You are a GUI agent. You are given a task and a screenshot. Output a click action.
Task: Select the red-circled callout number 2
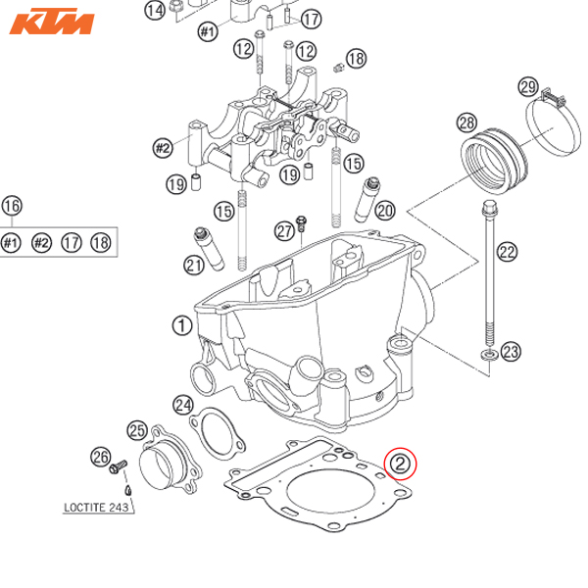[402, 462]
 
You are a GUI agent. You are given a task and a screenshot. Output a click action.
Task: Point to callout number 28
[466, 122]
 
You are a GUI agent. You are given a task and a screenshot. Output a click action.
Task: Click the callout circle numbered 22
[507, 251]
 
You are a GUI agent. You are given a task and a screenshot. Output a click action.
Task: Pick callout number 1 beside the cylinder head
[180, 324]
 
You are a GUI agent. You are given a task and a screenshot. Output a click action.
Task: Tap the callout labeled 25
[136, 428]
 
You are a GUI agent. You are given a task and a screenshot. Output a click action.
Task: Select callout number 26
[99, 456]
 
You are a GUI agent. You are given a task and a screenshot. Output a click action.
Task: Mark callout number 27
[283, 230]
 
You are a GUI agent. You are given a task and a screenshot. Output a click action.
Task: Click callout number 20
[384, 210]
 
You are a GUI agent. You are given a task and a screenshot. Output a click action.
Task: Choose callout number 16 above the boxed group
[12, 206]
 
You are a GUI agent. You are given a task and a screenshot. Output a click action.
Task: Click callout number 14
[155, 11]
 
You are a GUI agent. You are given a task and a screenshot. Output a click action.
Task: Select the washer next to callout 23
[486, 351]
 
